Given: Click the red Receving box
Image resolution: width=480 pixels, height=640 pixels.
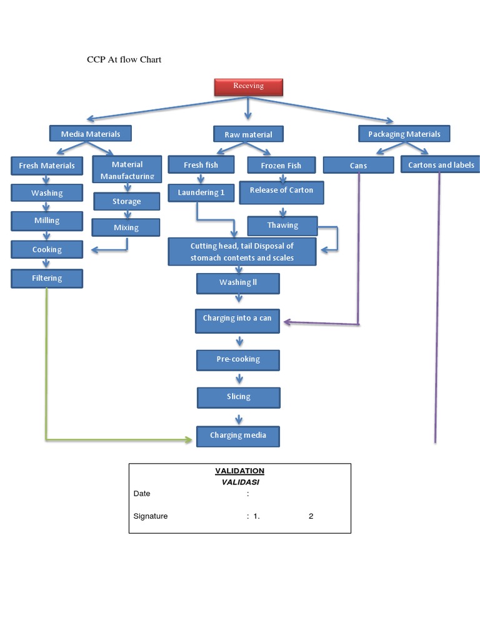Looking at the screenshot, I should coord(248,86).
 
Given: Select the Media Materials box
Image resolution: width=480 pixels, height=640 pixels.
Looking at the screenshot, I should coord(91,134).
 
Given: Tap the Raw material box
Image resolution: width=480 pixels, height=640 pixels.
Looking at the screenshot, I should coord(248,134).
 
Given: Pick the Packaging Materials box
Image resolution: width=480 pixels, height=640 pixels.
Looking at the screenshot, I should coord(404,134).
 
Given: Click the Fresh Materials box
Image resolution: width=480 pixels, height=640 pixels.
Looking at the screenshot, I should coord(47,166).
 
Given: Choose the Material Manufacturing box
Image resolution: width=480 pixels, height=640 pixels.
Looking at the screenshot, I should coord(127,169).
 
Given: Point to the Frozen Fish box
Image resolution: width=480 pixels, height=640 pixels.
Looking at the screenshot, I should coord(281,165).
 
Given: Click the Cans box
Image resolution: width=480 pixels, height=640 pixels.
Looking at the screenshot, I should coord(358,165).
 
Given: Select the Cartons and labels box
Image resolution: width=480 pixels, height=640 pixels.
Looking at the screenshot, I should coord(441,165).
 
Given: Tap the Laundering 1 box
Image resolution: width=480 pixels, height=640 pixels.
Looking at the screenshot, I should coord(201,192).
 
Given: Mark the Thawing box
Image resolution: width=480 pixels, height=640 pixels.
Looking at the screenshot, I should coord(282,225).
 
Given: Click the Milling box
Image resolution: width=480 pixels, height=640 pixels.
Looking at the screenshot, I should coord(47,221).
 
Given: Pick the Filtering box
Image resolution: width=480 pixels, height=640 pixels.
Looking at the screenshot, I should coord(47,278).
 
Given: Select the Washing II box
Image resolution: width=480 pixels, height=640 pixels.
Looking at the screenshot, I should coord(237,283).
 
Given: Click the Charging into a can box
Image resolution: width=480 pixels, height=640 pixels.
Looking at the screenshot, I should coord(237,319).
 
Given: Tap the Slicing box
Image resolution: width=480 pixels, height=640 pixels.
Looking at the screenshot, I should coord(238,397).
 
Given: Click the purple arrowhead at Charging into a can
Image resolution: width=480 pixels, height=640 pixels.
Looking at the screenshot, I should coord(287,322).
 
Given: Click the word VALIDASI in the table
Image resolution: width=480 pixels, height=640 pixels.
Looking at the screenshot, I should coord(239,482).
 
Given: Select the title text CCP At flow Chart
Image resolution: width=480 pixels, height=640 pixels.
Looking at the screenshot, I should coord(124,60).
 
